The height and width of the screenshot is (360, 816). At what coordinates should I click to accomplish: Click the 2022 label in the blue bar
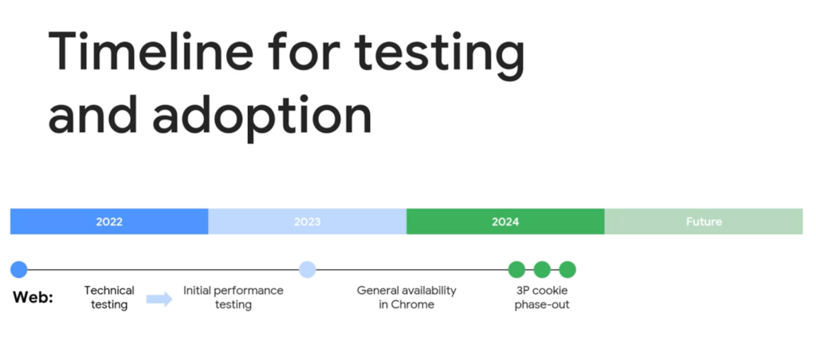pyautogui.click(x=109, y=221)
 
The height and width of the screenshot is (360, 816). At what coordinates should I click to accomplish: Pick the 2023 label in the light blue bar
pyautogui.click(x=307, y=221)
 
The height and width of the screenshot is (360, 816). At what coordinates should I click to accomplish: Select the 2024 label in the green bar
pyautogui.click(x=505, y=221)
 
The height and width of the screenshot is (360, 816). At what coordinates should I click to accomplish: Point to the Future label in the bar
pyautogui.click(x=704, y=221)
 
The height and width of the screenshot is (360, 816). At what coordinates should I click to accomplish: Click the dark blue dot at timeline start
pyautogui.click(x=19, y=269)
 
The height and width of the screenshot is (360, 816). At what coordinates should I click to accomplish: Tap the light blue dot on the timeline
pyautogui.click(x=308, y=269)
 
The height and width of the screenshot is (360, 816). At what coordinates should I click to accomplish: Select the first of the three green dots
pyautogui.click(x=516, y=269)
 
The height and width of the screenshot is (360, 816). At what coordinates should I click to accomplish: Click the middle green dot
pyautogui.click(x=542, y=269)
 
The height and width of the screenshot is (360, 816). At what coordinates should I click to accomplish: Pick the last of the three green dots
pyautogui.click(x=567, y=269)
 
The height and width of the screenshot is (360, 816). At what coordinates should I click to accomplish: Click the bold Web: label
pyautogui.click(x=33, y=298)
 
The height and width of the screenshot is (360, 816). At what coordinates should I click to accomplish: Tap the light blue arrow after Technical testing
pyautogui.click(x=159, y=299)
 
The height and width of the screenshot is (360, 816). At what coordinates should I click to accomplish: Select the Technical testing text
pyautogui.click(x=109, y=297)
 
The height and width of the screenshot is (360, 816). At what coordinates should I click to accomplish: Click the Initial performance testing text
pyautogui.click(x=233, y=297)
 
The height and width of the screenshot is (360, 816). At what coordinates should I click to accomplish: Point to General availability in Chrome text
pyautogui.click(x=406, y=297)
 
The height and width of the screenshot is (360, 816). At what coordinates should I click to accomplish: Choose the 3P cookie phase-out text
pyautogui.click(x=542, y=297)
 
